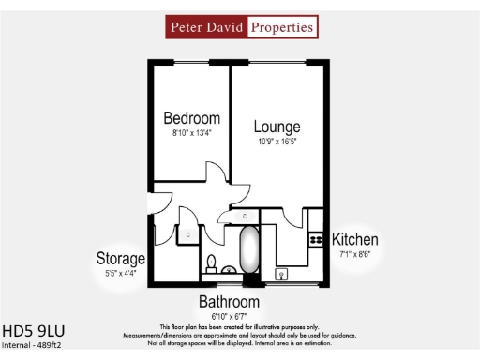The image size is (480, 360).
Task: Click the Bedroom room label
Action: pyautogui.click(x=192, y=118)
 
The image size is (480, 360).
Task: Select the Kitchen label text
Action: pyautogui.click(x=355, y=239)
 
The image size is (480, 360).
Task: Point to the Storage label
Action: pyautogui.click(x=121, y=258)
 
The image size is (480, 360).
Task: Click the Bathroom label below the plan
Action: pyautogui.click(x=228, y=302)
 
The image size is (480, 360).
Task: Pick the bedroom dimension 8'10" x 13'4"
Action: pyautogui.click(x=192, y=133)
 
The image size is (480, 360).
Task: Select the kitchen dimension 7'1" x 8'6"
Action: pyautogui.click(x=355, y=253)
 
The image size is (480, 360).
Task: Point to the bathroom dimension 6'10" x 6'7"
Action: pyautogui.click(x=228, y=315)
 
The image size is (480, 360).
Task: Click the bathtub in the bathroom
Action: pyautogui.click(x=249, y=250)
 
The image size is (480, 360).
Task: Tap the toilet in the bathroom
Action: pyautogui.click(x=212, y=262)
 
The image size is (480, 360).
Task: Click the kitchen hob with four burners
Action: pyautogui.click(x=315, y=242)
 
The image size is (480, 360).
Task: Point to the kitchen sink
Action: pyautogui.click(x=280, y=274)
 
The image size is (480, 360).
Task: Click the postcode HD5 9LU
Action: pyautogui.click(x=34, y=331)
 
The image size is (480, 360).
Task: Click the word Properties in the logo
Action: pyautogui.click(x=281, y=27)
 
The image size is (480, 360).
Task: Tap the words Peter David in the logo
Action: pyautogui.click(x=207, y=27)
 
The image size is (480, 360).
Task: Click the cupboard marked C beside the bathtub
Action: pyautogui.click(x=245, y=216)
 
